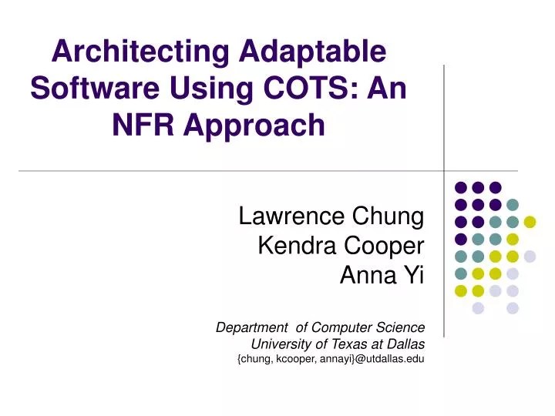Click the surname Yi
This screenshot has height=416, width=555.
(414, 273)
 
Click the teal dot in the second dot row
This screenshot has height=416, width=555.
(513, 204)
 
